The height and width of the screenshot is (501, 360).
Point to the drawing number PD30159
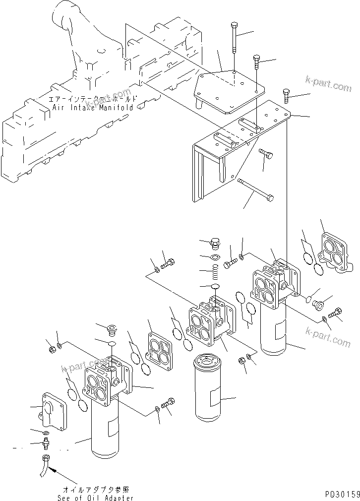tap(342, 495)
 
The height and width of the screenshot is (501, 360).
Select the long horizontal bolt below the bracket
tap(255, 189)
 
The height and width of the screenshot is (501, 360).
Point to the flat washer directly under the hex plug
tap(216, 257)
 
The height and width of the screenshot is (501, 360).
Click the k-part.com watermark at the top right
tap(328, 85)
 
